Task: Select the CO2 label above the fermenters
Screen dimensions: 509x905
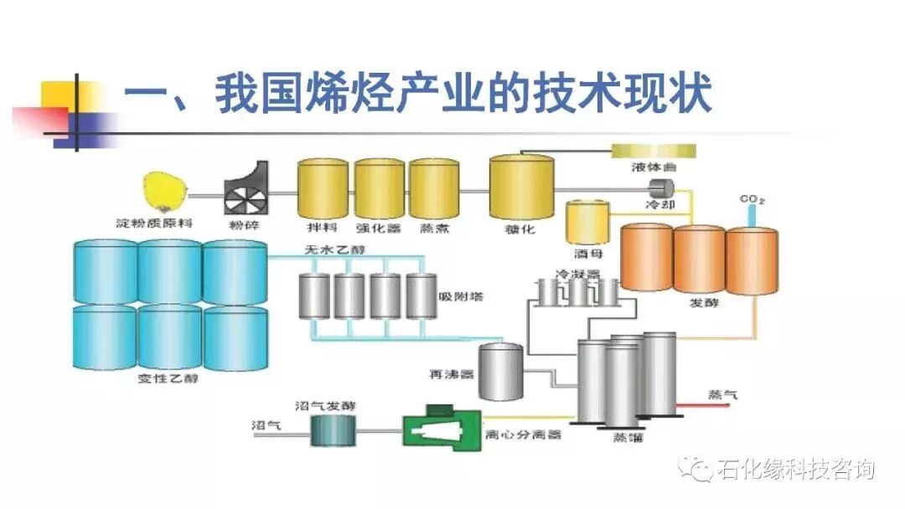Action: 752,199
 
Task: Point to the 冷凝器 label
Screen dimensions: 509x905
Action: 578,274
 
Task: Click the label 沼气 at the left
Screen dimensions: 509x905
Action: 266,424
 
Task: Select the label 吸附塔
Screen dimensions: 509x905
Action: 461,297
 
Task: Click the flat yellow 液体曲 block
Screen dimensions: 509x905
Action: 654,150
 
